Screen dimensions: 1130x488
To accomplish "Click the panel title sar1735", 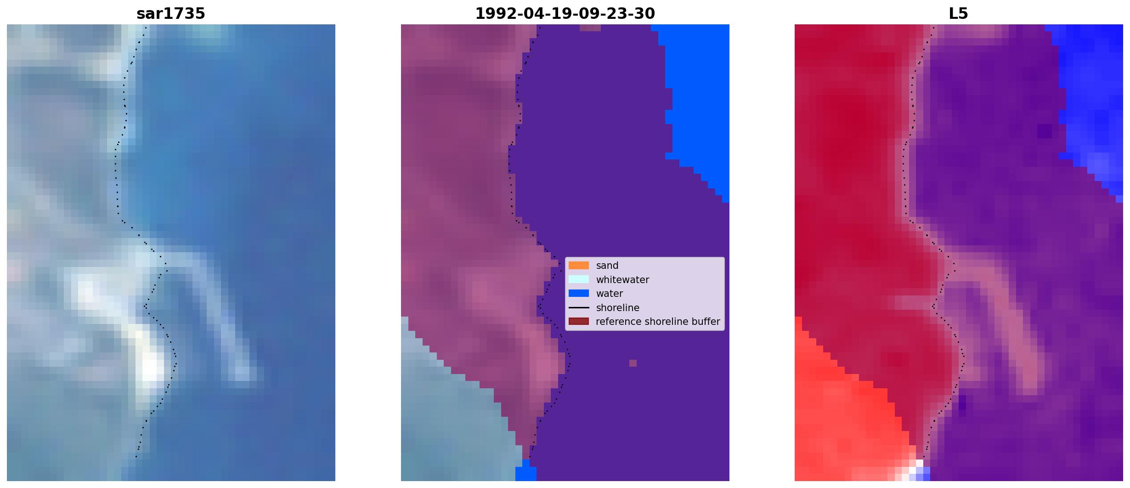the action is pyautogui.click(x=171, y=14).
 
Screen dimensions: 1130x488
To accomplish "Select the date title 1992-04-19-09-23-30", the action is pyautogui.click(x=565, y=14).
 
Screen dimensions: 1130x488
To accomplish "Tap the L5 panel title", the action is pyautogui.click(x=959, y=14).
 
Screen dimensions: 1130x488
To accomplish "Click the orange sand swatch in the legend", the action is pyautogui.click(x=579, y=265).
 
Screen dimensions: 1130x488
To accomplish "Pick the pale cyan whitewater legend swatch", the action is pyautogui.click(x=579, y=279).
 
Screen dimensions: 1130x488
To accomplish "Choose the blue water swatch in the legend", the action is pyautogui.click(x=579, y=293).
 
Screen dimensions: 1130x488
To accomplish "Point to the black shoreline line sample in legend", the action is pyautogui.click(x=579, y=307).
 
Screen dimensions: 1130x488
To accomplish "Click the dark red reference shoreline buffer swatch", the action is pyautogui.click(x=579, y=321).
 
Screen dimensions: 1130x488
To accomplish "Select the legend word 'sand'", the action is pyautogui.click(x=607, y=266).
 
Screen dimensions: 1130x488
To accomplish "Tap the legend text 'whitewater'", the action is pyautogui.click(x=622, y=280).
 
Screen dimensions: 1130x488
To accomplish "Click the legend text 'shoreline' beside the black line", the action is pyautogui.click(x=617, y=308).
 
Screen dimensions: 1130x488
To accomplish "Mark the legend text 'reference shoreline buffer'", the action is pyautogui.click(x=658, y=322).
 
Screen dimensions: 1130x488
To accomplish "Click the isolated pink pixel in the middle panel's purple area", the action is pyautogui.click(x=633, y=363).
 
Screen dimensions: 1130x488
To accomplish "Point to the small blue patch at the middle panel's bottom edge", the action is pyautogui.click(x=526, y=474).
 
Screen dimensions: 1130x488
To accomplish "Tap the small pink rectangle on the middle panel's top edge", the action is pyautogui.click(x=590, y=28).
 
